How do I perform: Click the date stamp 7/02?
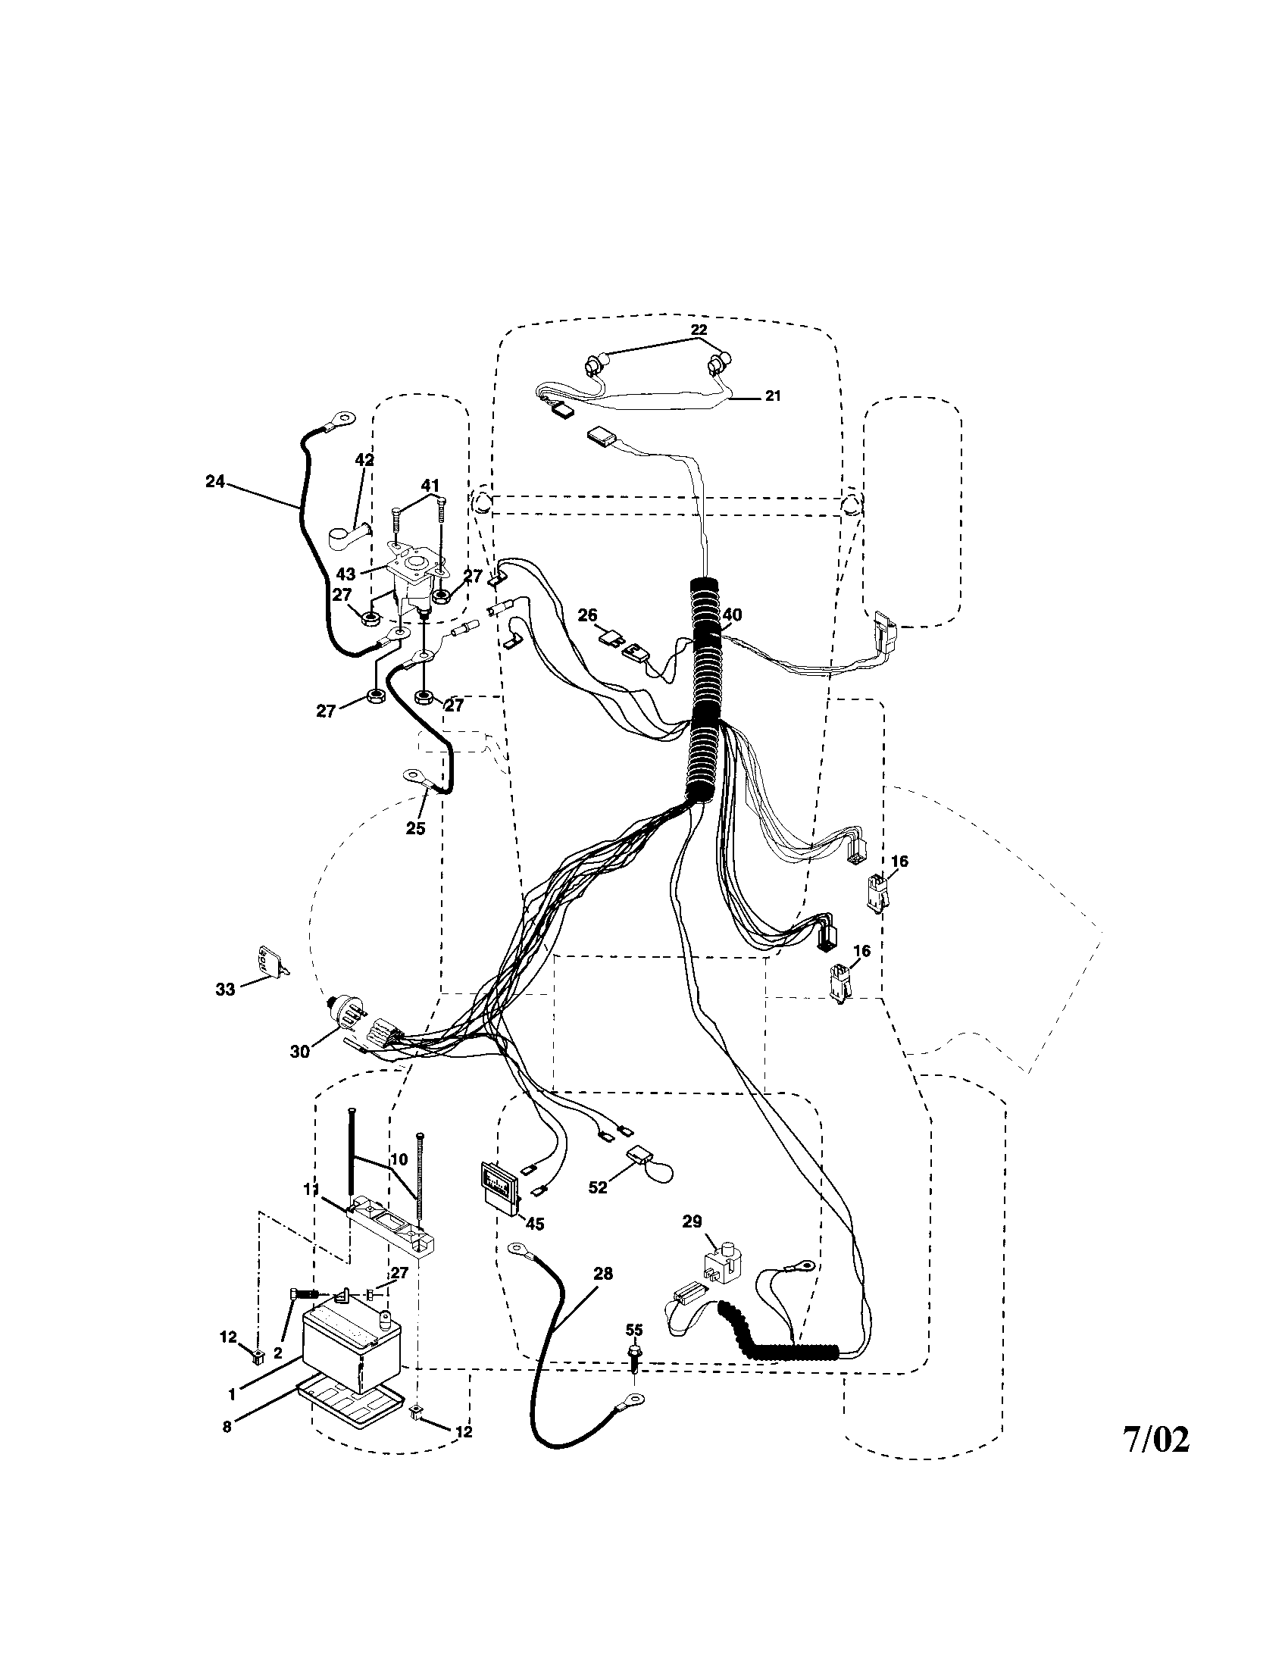click(1155, 1440)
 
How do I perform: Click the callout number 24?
click(216, 482)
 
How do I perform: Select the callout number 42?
click(364, 459)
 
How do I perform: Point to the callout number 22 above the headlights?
click(699, 330)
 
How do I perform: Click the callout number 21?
click(772, 397)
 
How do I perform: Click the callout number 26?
click(587, 615)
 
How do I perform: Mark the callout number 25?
click(415, 828)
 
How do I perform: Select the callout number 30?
click(299, 1051)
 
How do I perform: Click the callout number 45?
click(535, 1224)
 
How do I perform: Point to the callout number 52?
click(598, 1187)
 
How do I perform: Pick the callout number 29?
click(692, 1221)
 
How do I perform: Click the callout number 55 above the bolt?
click(634, 1329)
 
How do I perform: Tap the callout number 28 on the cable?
click(603, 1273)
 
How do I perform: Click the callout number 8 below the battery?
click(227, 1427)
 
